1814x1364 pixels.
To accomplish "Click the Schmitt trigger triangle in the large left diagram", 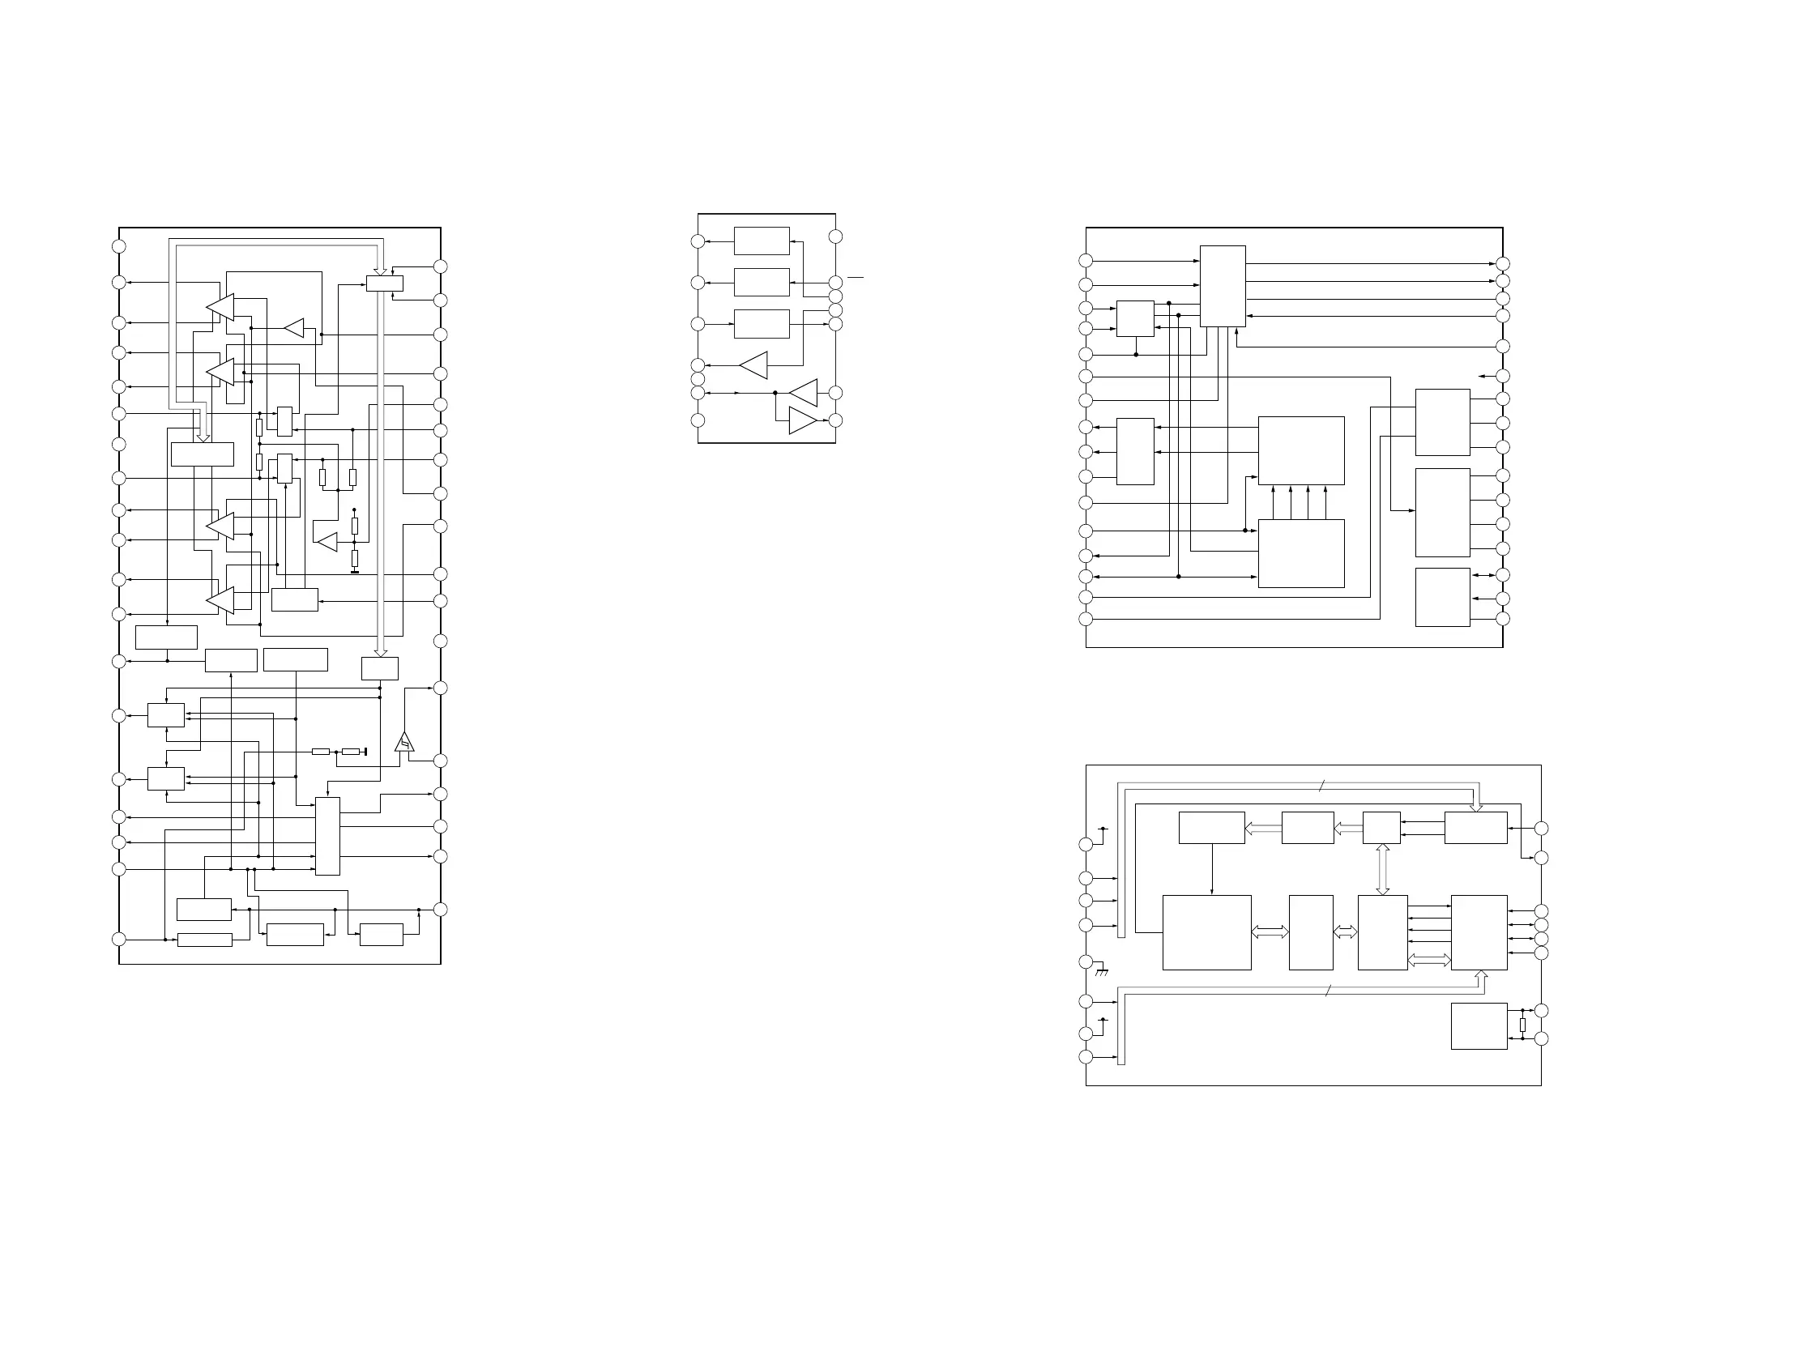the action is (404, 742).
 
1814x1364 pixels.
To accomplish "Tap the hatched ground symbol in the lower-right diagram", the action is (1101, 972).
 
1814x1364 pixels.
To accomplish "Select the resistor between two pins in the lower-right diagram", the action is (1523, 1025).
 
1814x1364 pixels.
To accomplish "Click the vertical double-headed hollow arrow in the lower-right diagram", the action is (1383, 870).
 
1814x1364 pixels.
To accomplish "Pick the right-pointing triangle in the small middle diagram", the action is (802, 420).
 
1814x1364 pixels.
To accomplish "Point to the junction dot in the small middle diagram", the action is (775, 394).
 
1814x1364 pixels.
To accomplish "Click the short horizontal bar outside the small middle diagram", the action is (856, 278).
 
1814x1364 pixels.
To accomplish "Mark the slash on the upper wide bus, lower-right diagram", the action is (1321, 787).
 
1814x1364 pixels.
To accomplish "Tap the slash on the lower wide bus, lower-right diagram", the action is (1326, 992).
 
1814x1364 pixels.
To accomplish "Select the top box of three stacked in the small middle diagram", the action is (762, 241).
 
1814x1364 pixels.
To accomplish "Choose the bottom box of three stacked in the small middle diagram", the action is (762, 324).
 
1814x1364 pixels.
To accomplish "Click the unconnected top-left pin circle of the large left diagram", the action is (119, 246).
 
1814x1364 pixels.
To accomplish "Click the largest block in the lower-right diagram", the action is (1206, 932).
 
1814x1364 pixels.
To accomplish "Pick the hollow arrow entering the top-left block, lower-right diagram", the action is (1254, 829).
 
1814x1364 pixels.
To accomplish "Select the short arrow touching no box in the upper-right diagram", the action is (1485, 377).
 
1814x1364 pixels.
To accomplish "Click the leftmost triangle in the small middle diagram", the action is (753, 365).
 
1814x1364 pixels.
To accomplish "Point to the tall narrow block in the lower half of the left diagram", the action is (327, 836).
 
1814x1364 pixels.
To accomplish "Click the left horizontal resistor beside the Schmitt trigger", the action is (321, 752).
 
